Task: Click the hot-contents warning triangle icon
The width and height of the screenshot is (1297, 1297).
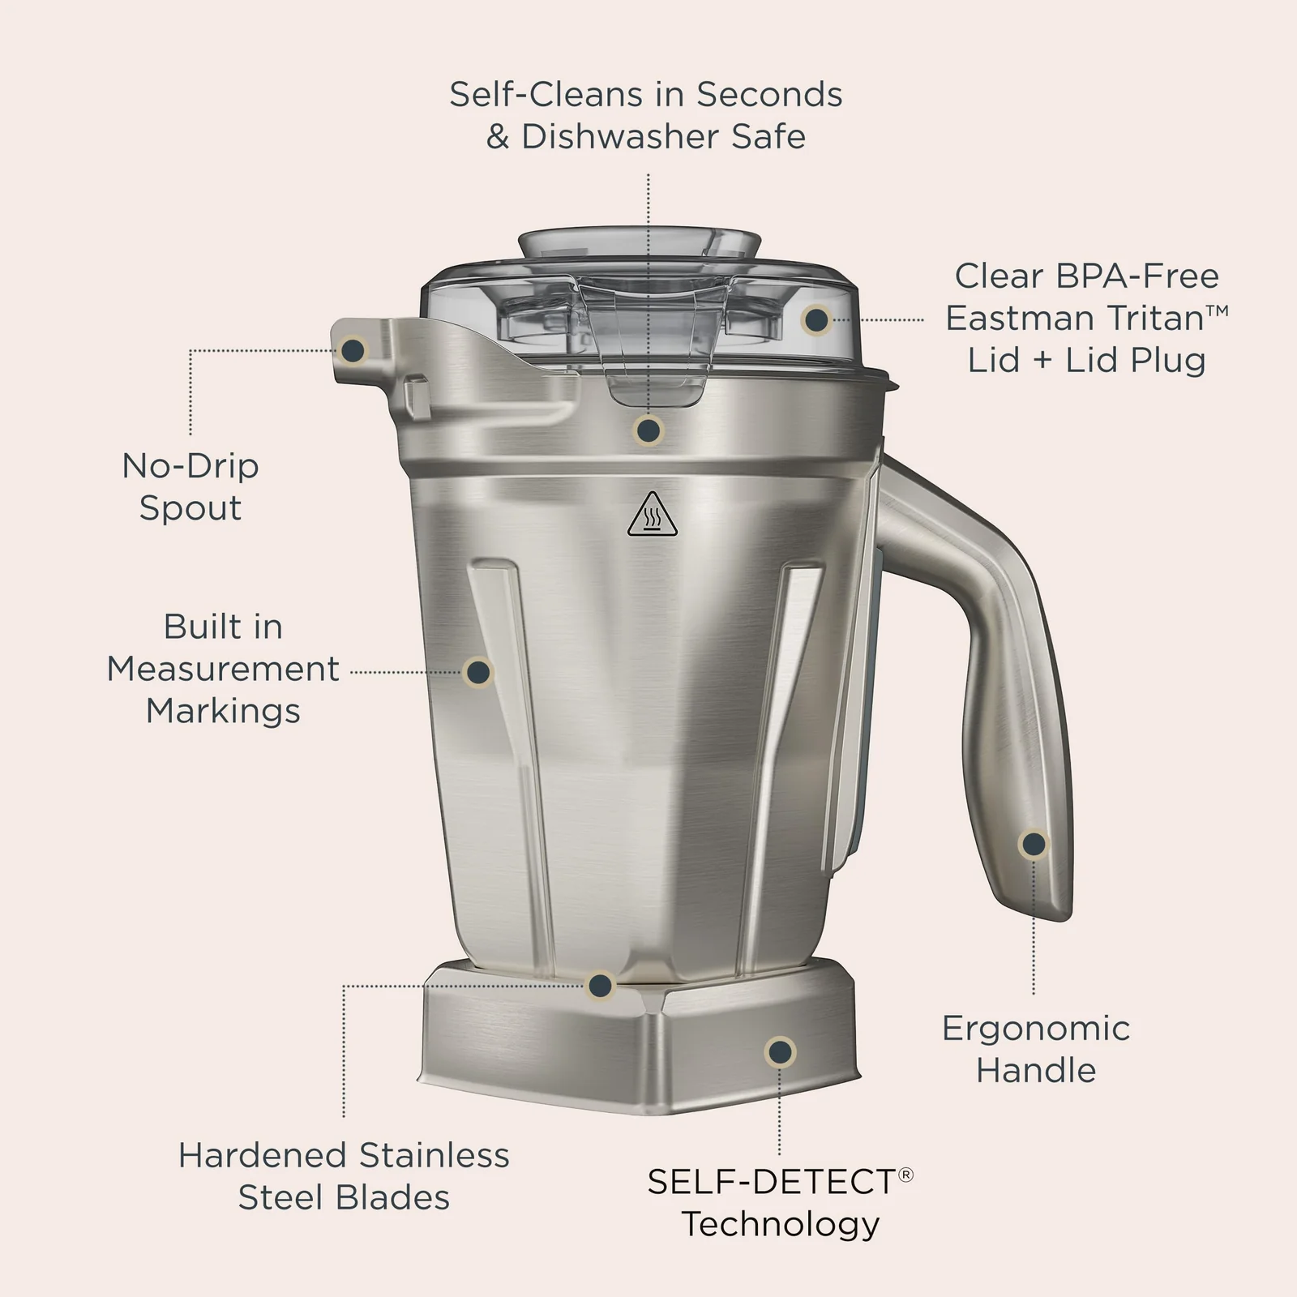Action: [653, 514]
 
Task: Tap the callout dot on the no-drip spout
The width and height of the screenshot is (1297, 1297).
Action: [353, 350]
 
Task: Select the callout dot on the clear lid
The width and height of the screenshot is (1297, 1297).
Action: [816, 320]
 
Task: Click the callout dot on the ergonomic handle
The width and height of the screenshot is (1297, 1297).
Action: [1034, 845]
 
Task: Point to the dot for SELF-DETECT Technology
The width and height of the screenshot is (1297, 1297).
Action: [780, 1052]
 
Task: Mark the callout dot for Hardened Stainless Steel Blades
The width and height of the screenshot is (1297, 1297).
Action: [600, 986]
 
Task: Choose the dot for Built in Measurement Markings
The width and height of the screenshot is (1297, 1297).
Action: [478, 672]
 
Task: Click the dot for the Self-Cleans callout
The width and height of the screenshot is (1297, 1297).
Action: [648, 430]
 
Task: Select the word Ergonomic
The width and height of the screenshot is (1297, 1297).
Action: [1036, 1029]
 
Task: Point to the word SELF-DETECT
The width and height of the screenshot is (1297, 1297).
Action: [771, 1182]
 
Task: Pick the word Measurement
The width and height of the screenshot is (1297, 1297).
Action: [223, 669]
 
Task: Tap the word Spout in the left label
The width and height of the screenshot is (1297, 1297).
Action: [190, 508]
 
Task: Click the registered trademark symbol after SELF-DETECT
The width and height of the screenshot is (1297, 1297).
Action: [906, 1174]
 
